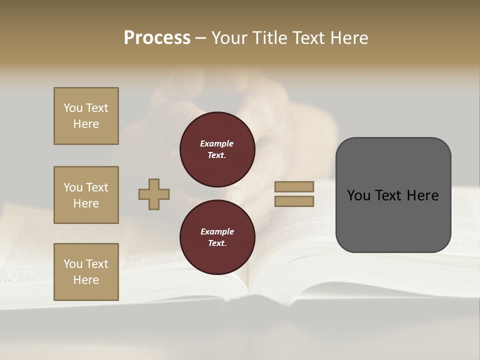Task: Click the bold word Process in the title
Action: [x=157, y=38]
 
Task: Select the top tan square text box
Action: [x=86, y=116]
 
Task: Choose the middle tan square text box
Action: [x=86, y=195]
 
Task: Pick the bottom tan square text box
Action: [x=86, y=272]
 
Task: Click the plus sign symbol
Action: [x=154, y=194]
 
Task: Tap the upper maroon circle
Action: [x=217, y=149]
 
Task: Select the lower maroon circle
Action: [x=217, y=237]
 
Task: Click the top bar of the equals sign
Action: [x=294, y=186]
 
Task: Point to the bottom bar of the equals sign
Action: [x=294, y=201]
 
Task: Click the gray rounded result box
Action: [x=393, y=195]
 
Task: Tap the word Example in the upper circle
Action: [x=217, y=143]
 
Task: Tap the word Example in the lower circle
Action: [x=217, y=231]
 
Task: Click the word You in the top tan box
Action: [x=73, y=108]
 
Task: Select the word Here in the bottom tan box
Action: [x=86, y=280]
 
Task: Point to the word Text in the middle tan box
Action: [x=97, y=187]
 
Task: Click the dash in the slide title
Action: [x=201, y=38]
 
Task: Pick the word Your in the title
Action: [x=229, y=38]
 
